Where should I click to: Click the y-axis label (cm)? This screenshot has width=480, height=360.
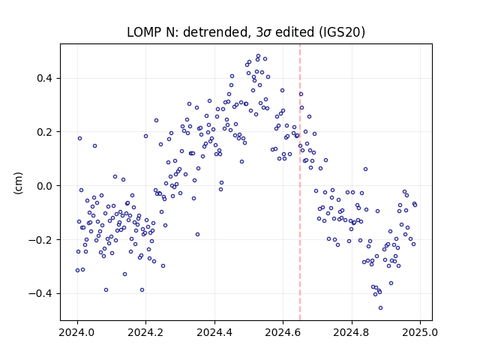pos(18,183)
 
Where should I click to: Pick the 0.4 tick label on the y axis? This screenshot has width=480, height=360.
pos(45,78)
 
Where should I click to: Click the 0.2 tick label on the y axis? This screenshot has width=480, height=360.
pos(45,132)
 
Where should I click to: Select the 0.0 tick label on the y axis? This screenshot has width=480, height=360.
pos(45,186)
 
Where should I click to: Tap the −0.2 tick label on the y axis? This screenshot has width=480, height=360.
pos(41,240)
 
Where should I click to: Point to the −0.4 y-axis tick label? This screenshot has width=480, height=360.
pos(41,293)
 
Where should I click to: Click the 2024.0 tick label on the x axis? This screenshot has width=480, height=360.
pos(77,332)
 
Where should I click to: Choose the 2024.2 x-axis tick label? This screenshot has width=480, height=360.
pos(146,332)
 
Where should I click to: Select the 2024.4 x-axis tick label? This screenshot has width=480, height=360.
pos(214,332)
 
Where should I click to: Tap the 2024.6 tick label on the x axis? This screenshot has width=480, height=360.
pos(283,332)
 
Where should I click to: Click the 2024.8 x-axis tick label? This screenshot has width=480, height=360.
pos(352,332)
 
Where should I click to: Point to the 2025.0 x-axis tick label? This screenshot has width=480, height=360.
pos(420,332)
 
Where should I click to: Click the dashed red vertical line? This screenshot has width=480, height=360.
pos(300,182)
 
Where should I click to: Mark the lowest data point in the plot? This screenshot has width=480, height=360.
pos(380,308)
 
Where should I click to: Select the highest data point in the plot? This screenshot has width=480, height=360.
pos(258,56)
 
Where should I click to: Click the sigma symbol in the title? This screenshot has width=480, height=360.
pos(267,33)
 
